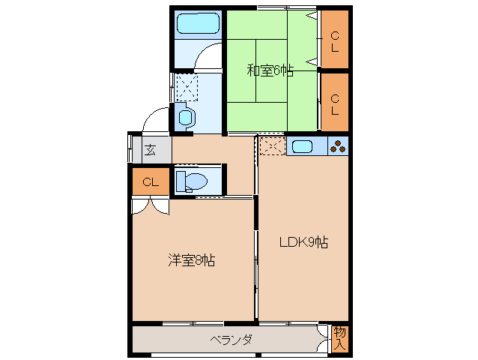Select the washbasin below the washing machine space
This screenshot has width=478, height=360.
185,117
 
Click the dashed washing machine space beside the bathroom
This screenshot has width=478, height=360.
185,86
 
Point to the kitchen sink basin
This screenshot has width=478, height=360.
306,146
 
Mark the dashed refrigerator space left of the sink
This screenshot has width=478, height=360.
271,146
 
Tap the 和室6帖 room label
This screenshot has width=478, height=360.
270,71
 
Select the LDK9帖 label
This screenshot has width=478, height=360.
303,242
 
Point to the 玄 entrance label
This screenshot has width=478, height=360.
150,148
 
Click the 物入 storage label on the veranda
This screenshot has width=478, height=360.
339,338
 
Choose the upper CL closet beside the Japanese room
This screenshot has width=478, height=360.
335,40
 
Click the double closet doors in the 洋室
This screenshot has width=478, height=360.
150,205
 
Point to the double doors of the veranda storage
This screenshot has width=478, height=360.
323,338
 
